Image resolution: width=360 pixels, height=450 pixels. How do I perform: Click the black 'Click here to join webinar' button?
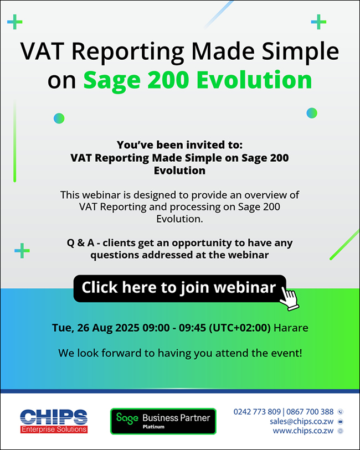point(179,288)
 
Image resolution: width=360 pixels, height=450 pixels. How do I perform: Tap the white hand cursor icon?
point(289,298)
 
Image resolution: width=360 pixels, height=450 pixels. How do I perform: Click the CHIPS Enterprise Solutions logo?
point(54,421)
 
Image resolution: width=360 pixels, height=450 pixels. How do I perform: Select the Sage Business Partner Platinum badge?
point(163,421)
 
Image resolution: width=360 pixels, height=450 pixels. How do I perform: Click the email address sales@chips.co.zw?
point(301,421)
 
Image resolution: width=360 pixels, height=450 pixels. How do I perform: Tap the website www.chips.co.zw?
point(303,431)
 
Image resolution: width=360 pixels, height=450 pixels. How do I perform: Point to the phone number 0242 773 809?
point(257,412)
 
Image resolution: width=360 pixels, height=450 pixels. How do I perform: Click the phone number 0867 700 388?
point(310,412)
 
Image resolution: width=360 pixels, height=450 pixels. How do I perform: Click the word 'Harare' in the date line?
point(291,328)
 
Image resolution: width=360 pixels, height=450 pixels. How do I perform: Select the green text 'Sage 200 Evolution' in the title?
point(198,80)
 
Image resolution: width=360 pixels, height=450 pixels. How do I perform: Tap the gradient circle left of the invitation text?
point(59,118)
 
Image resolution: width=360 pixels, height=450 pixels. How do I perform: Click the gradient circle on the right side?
point(312,113)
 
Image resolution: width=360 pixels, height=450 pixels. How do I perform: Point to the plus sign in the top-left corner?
point(14,22)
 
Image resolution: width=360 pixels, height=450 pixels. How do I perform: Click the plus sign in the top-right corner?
point(318,22)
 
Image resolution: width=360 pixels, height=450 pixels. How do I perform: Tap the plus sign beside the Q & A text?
point(22,251)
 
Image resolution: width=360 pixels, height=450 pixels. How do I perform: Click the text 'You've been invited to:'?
point(179,145)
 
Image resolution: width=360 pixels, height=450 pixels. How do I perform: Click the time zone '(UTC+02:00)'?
point(240,328)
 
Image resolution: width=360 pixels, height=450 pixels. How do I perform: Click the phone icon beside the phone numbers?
point(341,412)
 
